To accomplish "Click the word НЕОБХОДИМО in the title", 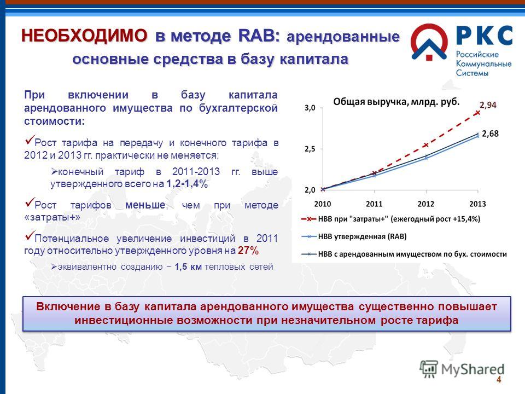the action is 84,35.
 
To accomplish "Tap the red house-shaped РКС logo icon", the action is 429,42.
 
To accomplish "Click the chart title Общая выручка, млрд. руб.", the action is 396,102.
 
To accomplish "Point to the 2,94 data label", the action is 488,105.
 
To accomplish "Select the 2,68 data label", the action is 491,134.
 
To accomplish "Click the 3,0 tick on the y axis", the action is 310,108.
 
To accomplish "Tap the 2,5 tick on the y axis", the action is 310,149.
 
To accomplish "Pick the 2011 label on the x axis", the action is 374,204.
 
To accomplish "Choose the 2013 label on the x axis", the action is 478,204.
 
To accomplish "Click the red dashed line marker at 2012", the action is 426,144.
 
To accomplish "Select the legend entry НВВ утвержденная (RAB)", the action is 354,236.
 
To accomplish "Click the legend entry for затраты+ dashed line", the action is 390,219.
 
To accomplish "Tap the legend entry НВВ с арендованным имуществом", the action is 404,254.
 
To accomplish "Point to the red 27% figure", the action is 248,251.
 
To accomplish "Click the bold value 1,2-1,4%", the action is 187,184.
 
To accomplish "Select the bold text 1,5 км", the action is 188,266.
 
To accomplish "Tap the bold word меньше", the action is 145,205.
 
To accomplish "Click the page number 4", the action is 499,380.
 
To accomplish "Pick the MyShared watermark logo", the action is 462,369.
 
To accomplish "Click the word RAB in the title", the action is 259,36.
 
